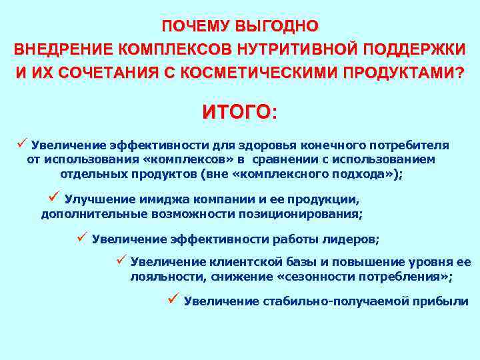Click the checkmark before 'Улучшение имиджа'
click(x=55, y=197)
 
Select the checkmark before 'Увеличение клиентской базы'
click(x=121, y=260)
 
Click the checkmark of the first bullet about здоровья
click(x=22, y=143)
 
